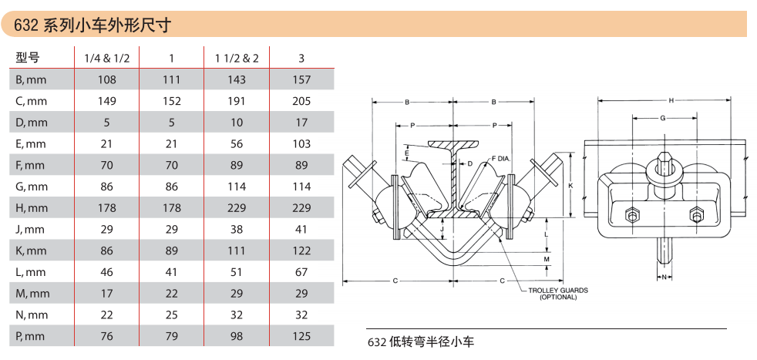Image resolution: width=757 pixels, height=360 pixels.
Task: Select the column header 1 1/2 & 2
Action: tap(236, 58)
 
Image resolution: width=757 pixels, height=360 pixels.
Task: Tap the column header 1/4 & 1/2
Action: tap(107, 58)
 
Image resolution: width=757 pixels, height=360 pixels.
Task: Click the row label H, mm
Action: tap(32, 207)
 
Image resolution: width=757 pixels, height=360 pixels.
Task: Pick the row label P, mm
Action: tap(31, 336)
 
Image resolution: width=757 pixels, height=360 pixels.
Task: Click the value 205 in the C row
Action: tap(301, 101)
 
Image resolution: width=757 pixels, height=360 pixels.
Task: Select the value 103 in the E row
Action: tap(301, 143)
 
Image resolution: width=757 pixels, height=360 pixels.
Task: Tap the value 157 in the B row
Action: tap(301, 79)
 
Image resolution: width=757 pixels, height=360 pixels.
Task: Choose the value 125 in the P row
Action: tap(301, 336)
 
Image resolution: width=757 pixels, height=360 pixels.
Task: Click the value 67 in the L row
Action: tap(301, 272)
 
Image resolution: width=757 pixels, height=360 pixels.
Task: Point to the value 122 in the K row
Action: tap(301, 251)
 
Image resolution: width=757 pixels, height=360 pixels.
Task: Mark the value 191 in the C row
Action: tap(236, 101)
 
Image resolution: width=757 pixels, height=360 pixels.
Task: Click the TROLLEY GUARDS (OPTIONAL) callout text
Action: tap(557, 294)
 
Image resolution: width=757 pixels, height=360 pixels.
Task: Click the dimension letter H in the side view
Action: tap(671, 100)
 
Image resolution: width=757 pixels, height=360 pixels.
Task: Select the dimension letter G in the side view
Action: tap(663, 118)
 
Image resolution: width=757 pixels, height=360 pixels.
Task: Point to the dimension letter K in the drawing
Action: tap(570, 186)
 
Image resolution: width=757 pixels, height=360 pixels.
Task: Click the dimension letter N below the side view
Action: tap(664, 275)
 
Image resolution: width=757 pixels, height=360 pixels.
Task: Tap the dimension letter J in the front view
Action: tap(442, 229)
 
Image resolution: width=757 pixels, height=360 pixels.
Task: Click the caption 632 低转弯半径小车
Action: tap(420, 341)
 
